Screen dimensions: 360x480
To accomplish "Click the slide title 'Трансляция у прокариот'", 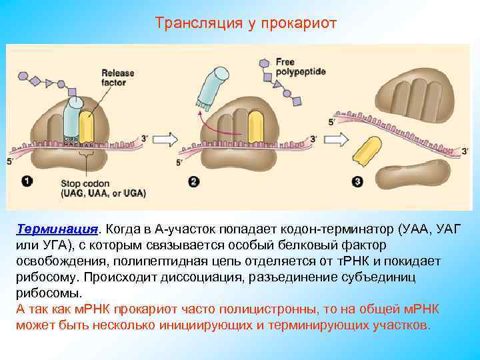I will click(246, 23).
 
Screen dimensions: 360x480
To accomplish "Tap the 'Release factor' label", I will click(117, 77).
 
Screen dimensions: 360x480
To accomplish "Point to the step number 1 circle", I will click(27, 181).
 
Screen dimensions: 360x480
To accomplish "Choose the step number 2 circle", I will click(193, 181).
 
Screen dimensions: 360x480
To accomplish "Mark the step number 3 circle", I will click(358, 181).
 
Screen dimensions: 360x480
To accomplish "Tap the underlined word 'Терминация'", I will click(57, 229).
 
